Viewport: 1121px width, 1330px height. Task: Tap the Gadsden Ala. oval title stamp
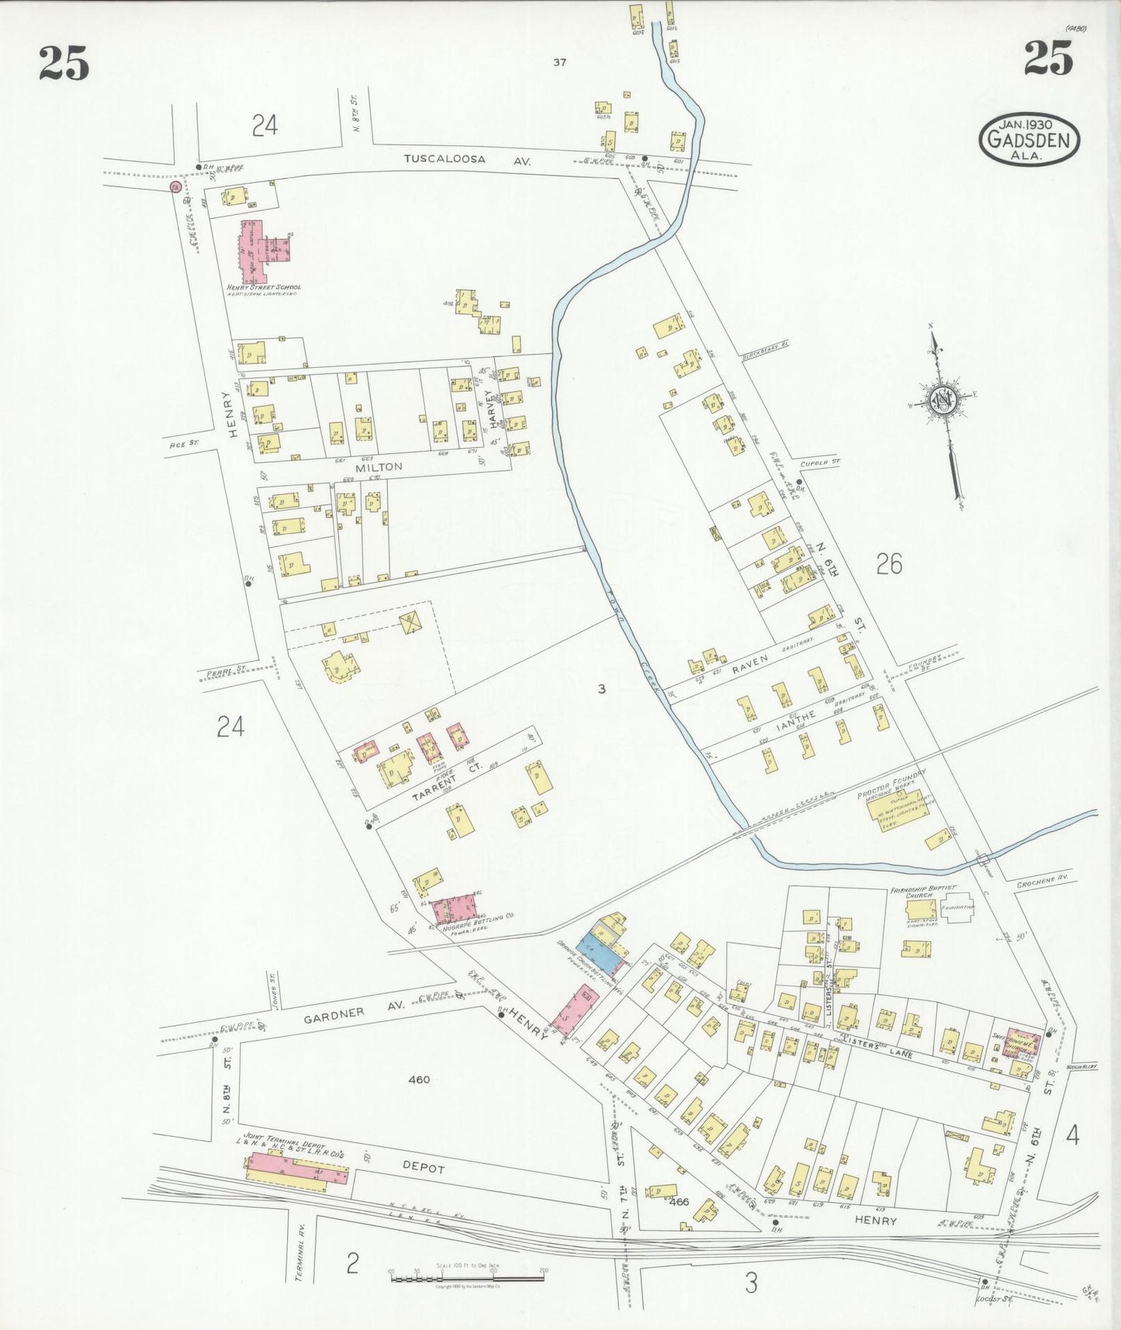pyautogui.click(x=1029, y=140)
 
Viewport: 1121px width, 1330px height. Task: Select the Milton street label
pyautogui.click(x=379, y=466)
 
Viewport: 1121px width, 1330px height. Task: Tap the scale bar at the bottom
pyautogui.click(x=466, y=1275)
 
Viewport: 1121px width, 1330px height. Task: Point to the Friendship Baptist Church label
pyautogui.click(x=923, y=891)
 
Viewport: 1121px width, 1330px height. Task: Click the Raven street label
pyautogui.click(x=750, y=660)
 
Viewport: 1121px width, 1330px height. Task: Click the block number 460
pyautogui.click(x=419, y=1079)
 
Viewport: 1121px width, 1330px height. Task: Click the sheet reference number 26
pyautogui.click(x=888, y=563)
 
